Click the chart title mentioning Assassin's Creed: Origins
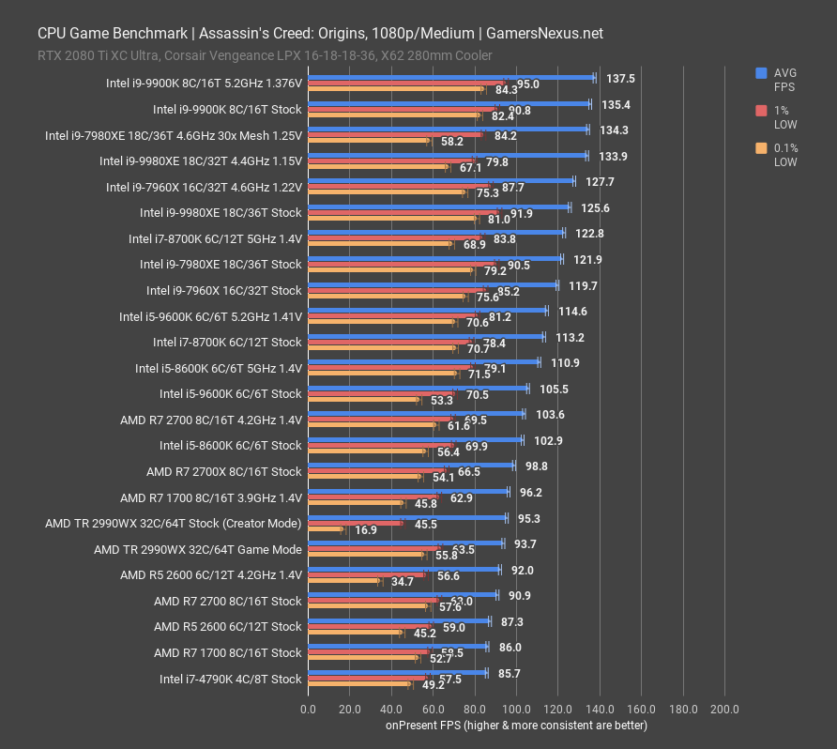click(x=320, y=33)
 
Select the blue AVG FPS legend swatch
click(x=761, y=72)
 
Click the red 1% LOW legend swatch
click(x=761, y=110)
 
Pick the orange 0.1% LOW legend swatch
click(x=761, y=147)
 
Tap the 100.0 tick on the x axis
click(x=516, y=709)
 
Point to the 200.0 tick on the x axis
click(x=724, y=709)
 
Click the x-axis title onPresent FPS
click(x=515, y=725)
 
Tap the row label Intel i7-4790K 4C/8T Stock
click(x=230, y=679)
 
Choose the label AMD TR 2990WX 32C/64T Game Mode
click(x=198, y=549)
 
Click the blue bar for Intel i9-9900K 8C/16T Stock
click(x=449, y=103)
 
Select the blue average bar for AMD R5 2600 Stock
click(x=399, y=620)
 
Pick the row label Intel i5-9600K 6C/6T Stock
click(x=230, y=393)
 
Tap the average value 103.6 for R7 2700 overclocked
click(x=550, y=414)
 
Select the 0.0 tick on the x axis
click(x=308, y=709)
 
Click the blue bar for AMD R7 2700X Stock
click(x=410, y=465)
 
